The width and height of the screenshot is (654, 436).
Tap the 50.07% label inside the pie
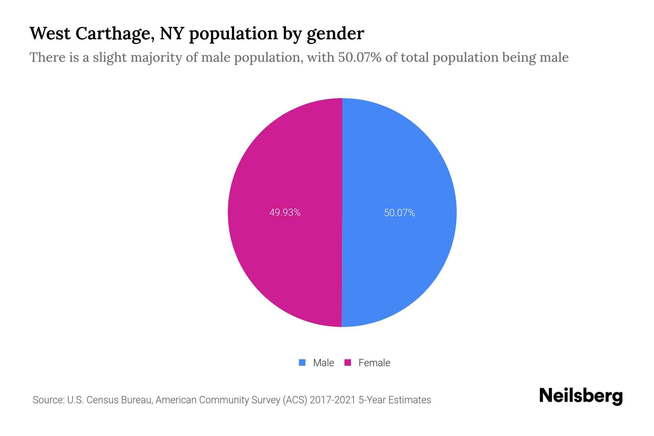tap(399, 213)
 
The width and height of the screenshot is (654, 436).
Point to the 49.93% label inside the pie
tap(285, 213)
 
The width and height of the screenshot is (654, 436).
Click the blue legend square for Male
tap(302, 363)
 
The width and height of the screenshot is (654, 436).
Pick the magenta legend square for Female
tap(348, 363)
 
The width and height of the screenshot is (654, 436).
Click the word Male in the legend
tap(323, 363)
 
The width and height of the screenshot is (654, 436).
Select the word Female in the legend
tap(374, 363)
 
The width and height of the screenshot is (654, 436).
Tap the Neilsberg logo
tap(581, 396)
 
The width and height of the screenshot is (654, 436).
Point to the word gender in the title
tap(335, 33)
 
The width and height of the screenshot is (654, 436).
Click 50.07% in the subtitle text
tap(360, 57)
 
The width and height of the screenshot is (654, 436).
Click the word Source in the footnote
tap(48, 400)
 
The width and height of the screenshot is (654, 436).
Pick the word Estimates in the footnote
tap(409, 400)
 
